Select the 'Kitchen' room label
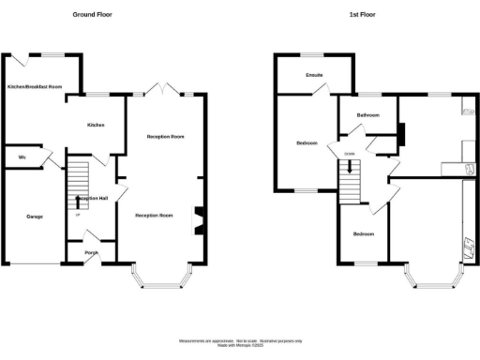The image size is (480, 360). [x=95, y=125]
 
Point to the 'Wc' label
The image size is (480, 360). [x=21, y=157]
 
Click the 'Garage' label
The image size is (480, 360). [x=34, y=217]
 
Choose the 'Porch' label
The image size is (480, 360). [x=92, y=252]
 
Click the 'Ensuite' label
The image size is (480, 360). [x=314, y=75]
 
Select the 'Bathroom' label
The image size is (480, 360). [x=367, y=115]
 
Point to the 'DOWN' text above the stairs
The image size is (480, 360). [x=350, y=154]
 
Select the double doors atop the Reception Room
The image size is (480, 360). [x=161, y=91]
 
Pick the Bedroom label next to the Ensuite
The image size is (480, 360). [x=307, y=143]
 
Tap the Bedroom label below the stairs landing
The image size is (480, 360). [x=363, y=233]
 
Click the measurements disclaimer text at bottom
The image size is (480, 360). [x=240, y=341]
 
